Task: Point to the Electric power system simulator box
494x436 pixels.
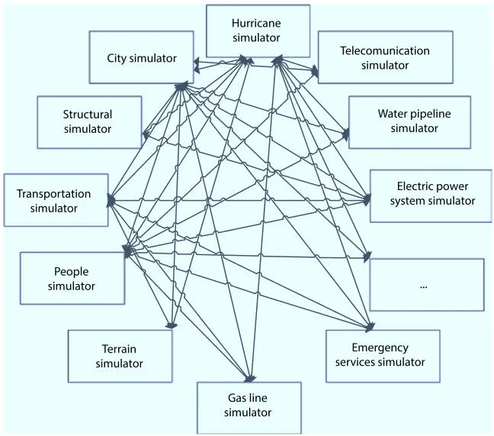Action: [x=431, y=195]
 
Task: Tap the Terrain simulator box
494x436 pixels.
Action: [x=119, y=356]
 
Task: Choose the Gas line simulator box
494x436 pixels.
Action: [x=249, y=405]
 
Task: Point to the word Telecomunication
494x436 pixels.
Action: [x=385, y=51]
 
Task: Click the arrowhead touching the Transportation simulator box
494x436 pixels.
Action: [x=112, y=200]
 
